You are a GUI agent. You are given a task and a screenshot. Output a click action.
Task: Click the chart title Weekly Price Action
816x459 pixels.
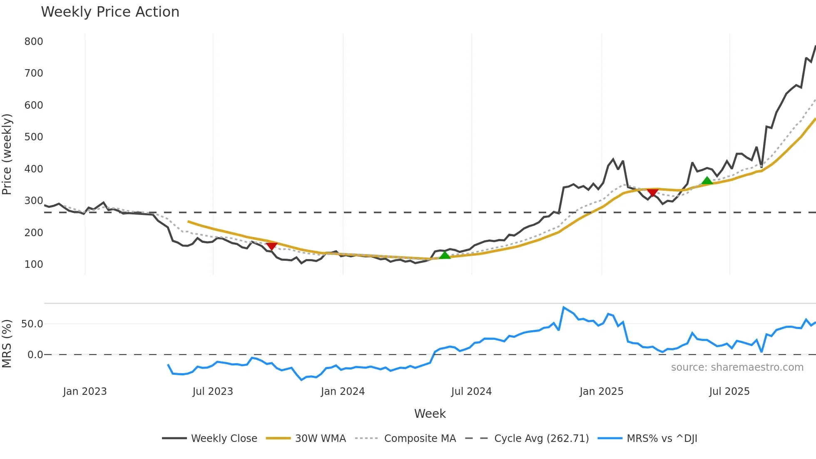[110, 12]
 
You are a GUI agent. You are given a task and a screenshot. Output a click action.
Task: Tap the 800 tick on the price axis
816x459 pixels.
[34, 42]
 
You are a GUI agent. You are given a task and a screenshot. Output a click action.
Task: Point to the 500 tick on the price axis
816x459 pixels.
[34, 137]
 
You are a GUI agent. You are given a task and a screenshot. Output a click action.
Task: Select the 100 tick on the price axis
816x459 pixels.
[34, 264]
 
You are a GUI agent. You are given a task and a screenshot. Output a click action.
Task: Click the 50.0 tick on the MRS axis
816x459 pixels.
[32, 324]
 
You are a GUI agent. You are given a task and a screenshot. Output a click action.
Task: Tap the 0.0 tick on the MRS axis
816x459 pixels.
[35, 355]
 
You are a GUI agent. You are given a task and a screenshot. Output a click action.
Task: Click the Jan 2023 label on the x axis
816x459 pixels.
[85, 392]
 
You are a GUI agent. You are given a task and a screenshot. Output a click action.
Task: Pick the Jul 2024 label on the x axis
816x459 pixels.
[471, 392]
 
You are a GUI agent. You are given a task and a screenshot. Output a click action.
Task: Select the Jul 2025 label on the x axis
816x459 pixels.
[729, 392]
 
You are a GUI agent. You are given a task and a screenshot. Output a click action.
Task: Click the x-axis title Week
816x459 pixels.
[430, 414]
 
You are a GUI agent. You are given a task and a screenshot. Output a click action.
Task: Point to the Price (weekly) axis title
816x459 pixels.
[7, 154]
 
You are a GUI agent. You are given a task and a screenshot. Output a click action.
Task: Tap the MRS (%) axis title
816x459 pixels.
[7, 344]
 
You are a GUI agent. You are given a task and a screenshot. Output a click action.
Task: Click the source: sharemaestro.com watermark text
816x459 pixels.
[737, 367]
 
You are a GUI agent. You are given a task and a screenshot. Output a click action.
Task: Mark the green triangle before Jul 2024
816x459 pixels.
[445, 255]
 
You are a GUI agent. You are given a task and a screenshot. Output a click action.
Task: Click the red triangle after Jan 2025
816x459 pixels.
[653, 192]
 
